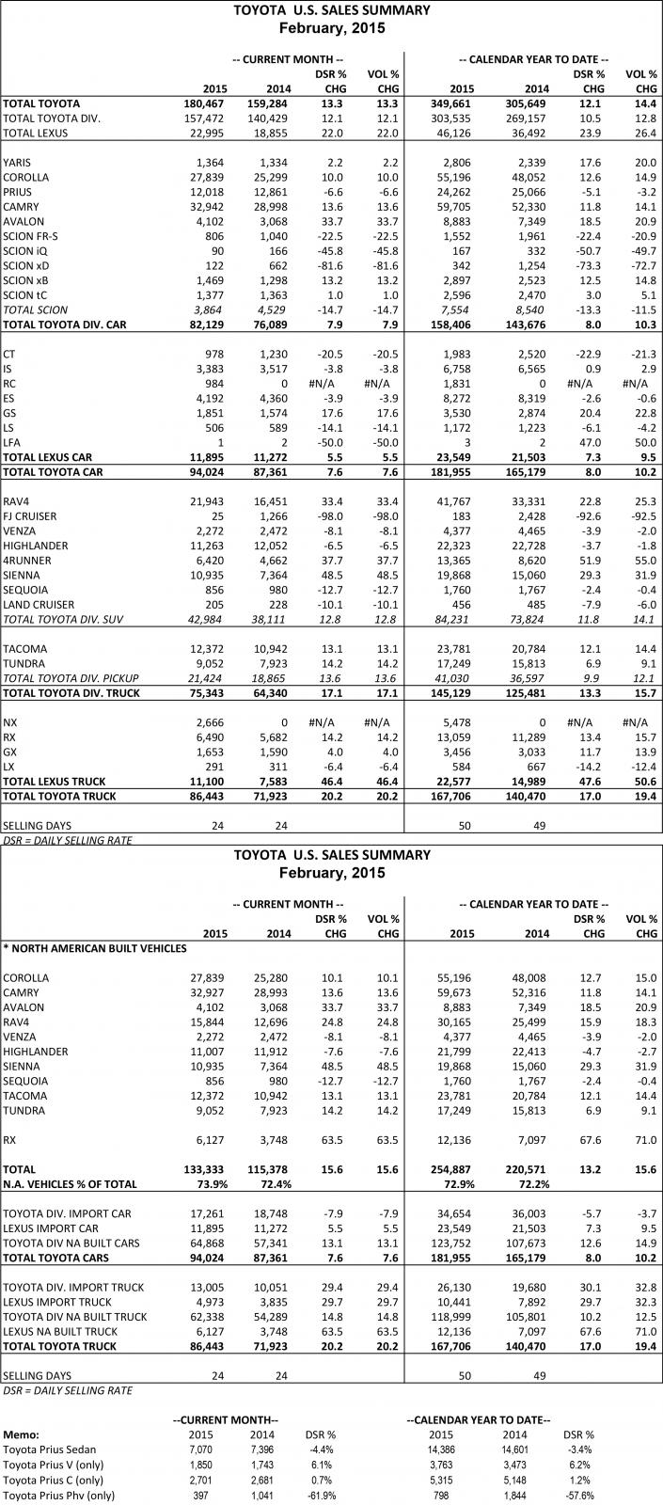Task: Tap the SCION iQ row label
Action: tap(25, 251)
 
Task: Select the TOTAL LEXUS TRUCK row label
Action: tap(55, 781)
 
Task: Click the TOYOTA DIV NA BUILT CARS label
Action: tap(71, 1244)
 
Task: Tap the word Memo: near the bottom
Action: tap(21, 1435)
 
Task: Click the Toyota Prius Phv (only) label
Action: tap(59, 1495)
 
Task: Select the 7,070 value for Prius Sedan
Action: tap(200, 1450)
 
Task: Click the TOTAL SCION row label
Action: tap(35, 310)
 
